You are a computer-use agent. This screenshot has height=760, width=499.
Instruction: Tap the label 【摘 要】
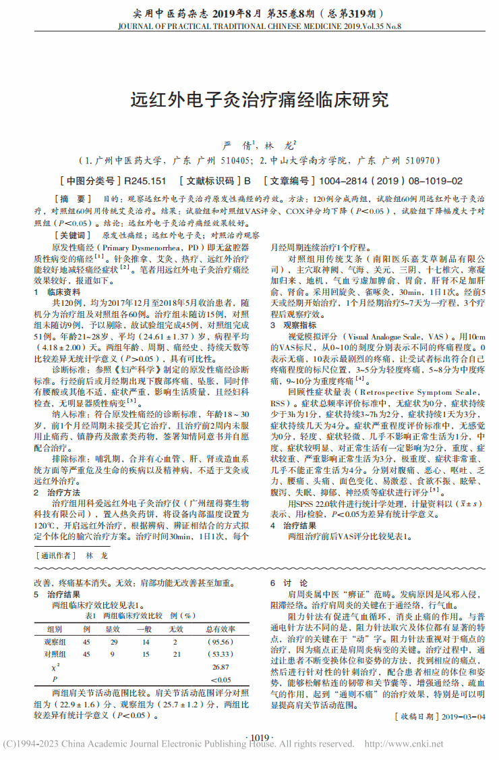coord(74,199)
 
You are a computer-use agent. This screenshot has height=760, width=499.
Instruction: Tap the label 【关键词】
coord(74,236)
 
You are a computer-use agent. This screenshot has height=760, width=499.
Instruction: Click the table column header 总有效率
coord(220,628)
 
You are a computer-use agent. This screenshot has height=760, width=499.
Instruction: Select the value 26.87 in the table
coord(220,667)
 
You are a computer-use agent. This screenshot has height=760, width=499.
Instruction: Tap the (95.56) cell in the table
coord(220,641)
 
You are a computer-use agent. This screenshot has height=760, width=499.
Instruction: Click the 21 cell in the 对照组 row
coord(177,654)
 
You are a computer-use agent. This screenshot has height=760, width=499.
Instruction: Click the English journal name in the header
coord(249,28)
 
